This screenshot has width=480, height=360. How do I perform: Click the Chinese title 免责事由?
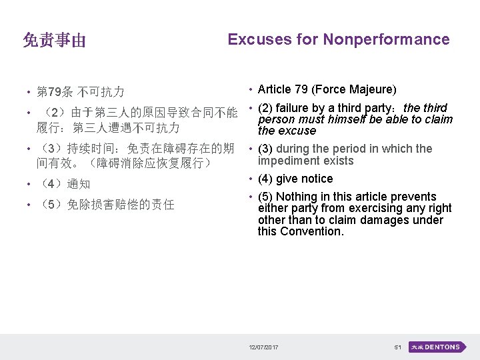pyautogui.click(x=54, y=41)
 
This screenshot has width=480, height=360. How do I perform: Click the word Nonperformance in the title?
pyautogui.click(x=386, y=39)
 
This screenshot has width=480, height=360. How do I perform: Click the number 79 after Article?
pyautogui.click(x=304, y=89)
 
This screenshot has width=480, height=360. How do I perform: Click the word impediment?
pyautogui.click(x=288, y=161)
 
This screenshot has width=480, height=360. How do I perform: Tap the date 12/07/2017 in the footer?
pyautogui.click(x=264, y=347)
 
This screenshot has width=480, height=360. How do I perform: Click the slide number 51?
pyautogui.click(x=397, y=347)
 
